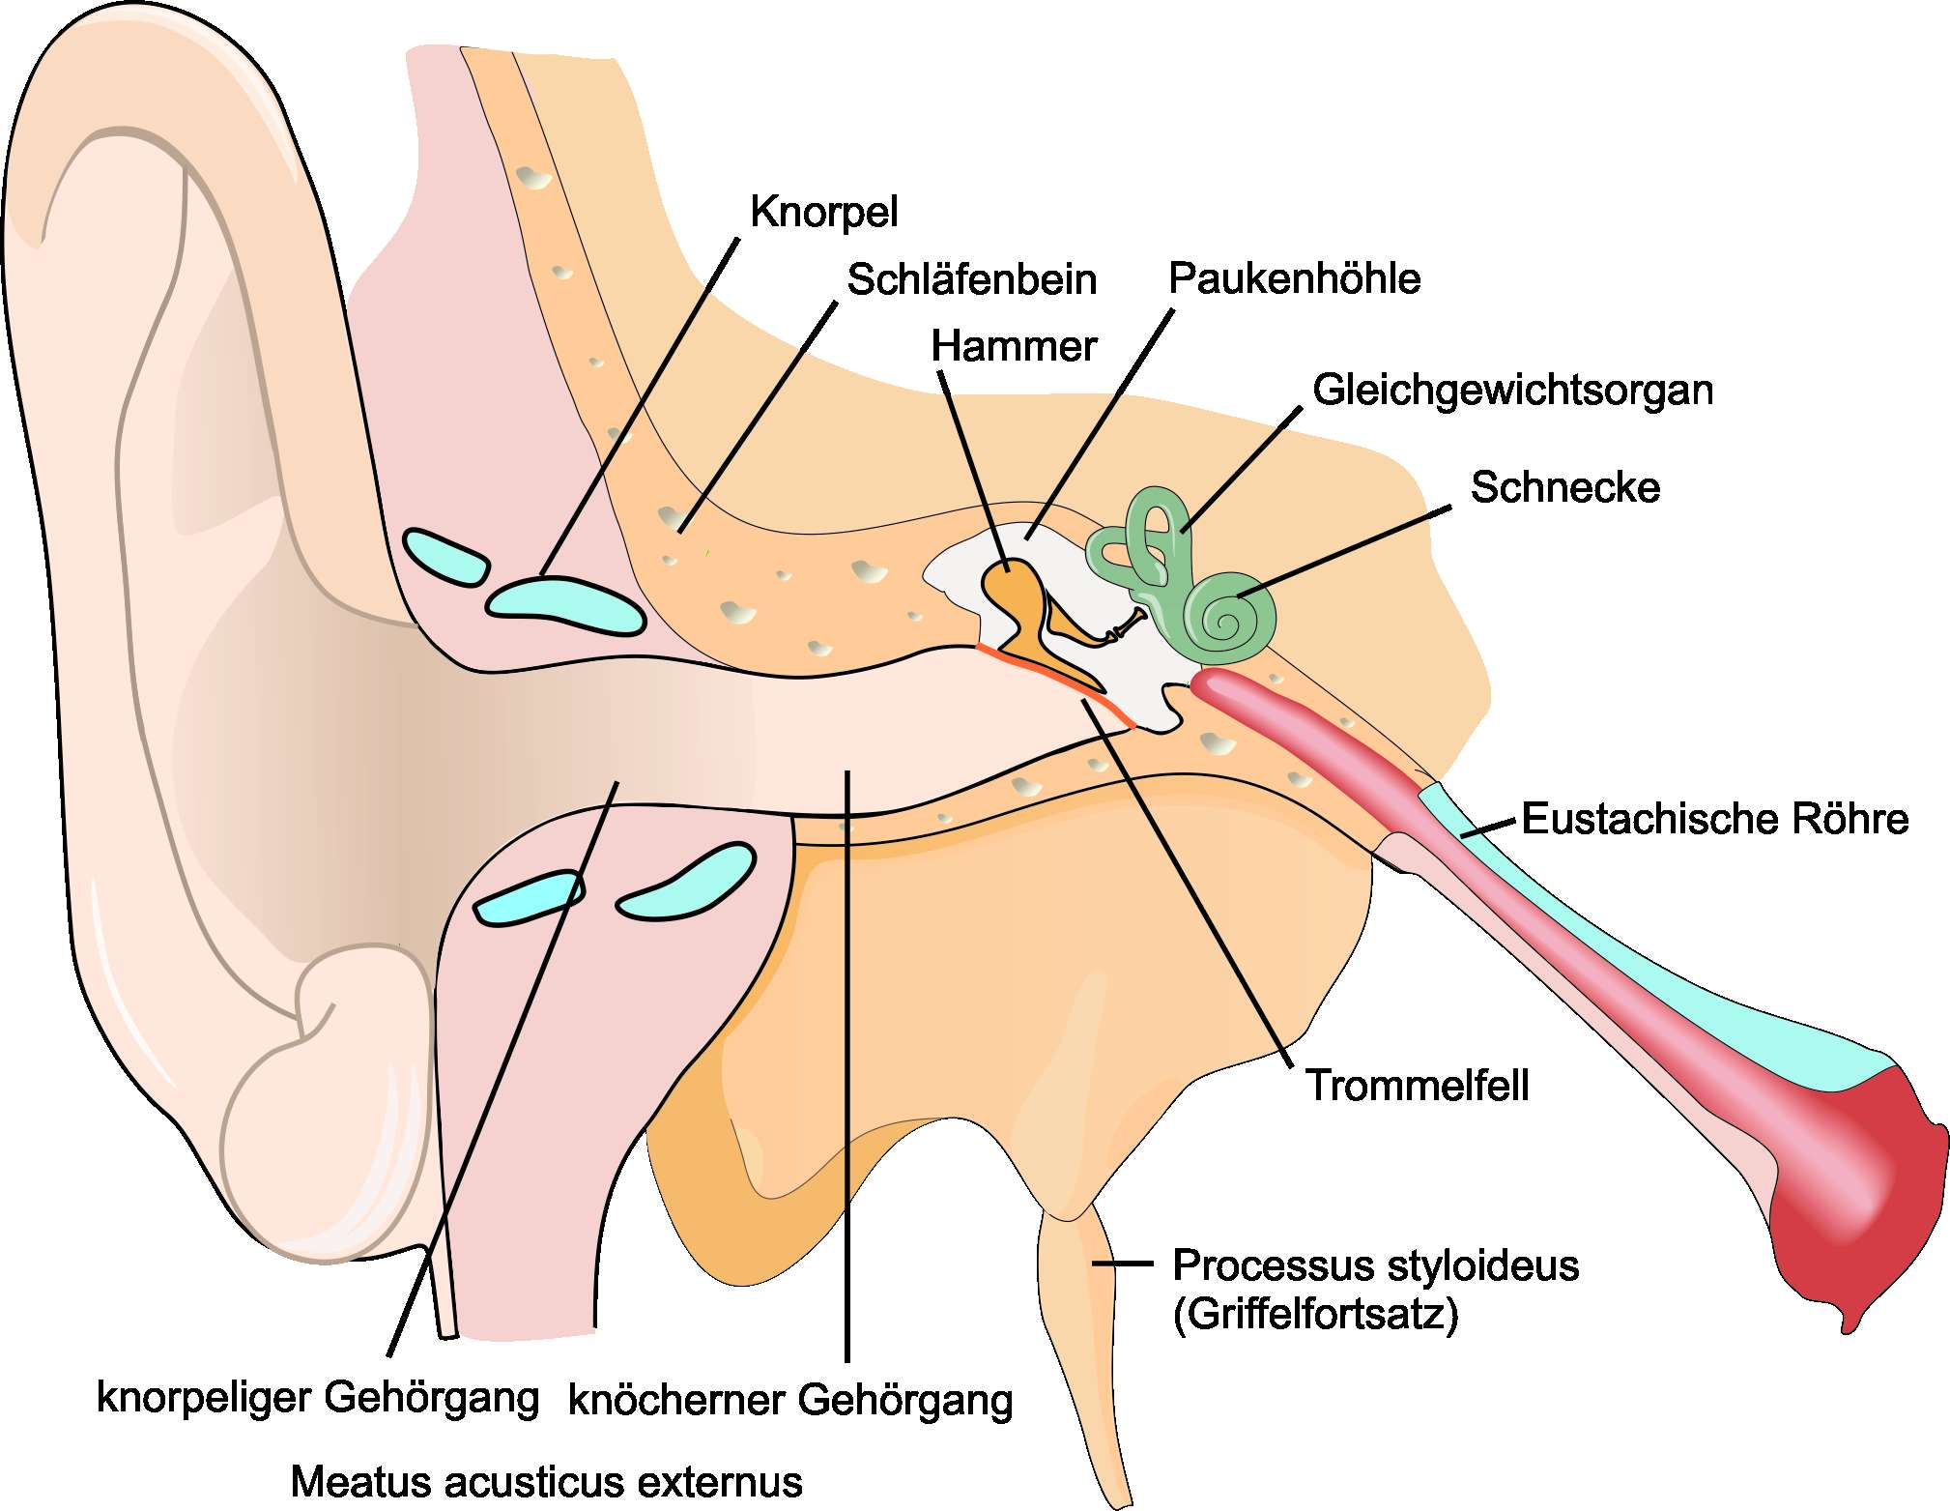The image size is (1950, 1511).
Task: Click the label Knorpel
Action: (x=823, y=212)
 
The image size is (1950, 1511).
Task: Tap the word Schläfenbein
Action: (x=971, y=279)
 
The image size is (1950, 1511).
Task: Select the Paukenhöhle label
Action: (x=1294, y=278)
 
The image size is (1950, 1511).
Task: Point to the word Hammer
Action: (x=1014, y=346)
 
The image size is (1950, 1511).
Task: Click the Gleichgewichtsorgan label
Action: (x=1512, y=390)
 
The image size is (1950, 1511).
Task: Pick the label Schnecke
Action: (x=1564, y=487)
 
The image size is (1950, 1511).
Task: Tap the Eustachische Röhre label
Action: (x=1714, y=819)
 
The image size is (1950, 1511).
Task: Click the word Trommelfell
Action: (x=1417, y=1085)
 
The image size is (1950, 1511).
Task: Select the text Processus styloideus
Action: (x=1375, y=1264)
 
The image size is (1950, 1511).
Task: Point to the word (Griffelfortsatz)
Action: (x=1315, y=1314)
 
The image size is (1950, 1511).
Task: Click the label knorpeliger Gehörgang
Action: (x=318, y=1398)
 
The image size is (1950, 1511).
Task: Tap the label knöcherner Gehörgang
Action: (x=790, y=1400)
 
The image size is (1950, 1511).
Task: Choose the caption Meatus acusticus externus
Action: (x=546, y=1481)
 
